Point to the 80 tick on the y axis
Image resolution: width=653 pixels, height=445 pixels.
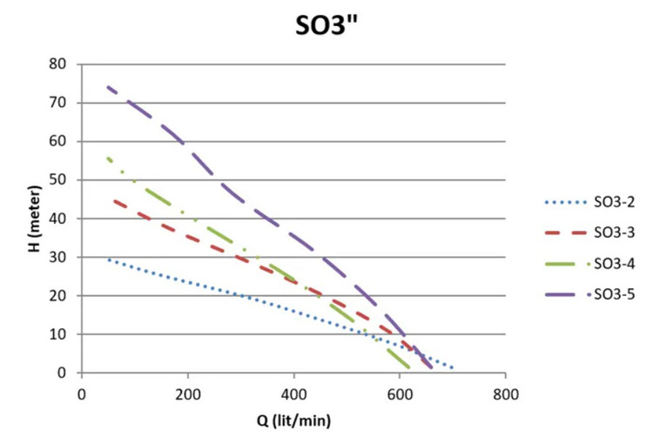57,64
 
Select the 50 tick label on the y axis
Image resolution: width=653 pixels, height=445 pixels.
57,179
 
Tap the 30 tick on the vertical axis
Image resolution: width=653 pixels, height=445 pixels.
57,257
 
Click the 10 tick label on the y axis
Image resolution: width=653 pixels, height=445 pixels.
57,334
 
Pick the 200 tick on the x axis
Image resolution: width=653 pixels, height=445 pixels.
187,394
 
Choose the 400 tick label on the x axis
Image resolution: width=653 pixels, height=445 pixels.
293,394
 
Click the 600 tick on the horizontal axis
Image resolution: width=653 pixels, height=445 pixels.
400,394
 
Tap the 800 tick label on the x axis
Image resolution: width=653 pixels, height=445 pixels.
506,394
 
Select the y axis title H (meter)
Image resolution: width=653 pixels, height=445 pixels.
34,219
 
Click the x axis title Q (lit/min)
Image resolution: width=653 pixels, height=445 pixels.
293,421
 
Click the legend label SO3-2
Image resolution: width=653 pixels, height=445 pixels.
615,202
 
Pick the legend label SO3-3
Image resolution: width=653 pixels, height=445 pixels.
615,233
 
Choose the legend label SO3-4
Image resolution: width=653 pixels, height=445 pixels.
615,263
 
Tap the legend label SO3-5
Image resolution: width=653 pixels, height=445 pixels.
615,294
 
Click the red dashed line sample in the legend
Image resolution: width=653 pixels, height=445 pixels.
566,233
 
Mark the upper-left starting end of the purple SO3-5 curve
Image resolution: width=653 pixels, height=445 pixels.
108,87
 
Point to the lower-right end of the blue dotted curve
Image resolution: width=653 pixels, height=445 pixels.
452,367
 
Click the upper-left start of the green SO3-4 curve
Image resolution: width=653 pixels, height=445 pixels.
108,158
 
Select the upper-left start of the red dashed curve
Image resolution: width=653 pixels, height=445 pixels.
115,201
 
